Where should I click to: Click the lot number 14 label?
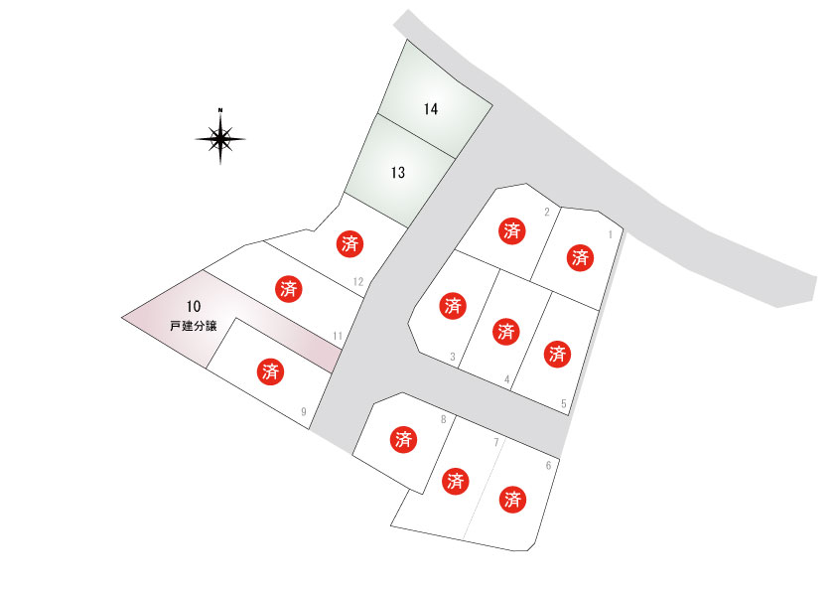(431, 109)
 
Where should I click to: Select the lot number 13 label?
(398, 172)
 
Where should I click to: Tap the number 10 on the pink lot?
(194, 306)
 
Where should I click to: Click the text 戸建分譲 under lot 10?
(194, 326)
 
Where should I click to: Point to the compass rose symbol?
(220, 137)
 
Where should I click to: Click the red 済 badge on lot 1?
(580, 257)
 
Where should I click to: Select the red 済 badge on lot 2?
(512, 231)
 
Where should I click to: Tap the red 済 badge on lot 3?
(453, 306)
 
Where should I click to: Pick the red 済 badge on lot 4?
(505, 332)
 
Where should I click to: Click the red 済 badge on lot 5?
(557, 354)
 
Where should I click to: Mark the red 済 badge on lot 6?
(512, 500)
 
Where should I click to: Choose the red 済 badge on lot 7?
(456, 481)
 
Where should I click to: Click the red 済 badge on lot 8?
(404, 439)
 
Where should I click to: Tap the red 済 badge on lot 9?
(270, 371)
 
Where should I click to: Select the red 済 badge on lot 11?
(289, 289)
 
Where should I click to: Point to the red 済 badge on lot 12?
(349, 244)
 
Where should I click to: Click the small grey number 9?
(304, 412)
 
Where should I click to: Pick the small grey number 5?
(564, 404)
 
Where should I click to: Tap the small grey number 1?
(611, 234)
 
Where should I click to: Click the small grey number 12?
(358, 282)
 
